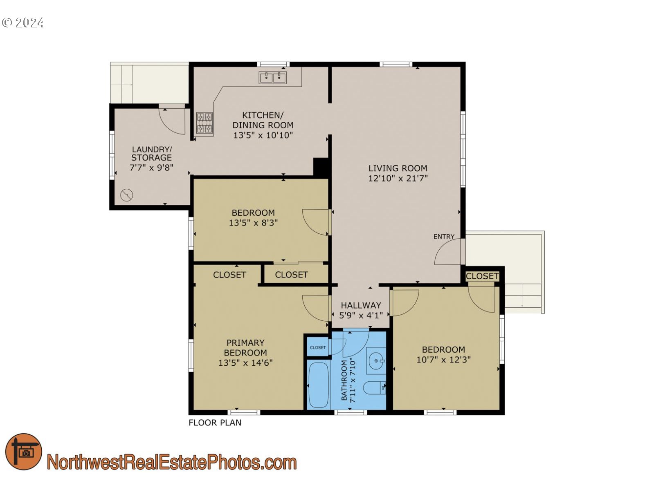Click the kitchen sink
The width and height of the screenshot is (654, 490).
tap(272, 77)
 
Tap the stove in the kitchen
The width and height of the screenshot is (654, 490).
tap(205, 123)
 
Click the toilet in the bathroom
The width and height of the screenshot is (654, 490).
tap(374, 387)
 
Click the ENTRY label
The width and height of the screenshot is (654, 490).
tap(444, 237)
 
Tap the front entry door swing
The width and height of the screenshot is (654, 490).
tap(449, 252)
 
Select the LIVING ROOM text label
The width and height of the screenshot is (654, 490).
tap(398, 168)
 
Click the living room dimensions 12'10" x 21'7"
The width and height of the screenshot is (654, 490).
tap(398, 178)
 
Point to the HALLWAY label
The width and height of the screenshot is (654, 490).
tap(361, 305)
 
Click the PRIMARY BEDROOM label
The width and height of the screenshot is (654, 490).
tap(245, 347)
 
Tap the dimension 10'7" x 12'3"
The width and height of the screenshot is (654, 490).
tap(443, 360)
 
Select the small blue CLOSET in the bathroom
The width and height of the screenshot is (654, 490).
tap(318, 347)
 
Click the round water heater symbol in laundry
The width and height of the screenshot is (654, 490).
tap(127, 195)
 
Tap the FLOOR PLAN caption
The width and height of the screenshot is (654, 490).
tap(215, 423)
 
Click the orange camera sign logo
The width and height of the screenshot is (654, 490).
tap(24, 452)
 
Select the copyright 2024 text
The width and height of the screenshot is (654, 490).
tap(23, 22)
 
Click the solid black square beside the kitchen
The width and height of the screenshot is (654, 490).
tap(321, 167)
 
